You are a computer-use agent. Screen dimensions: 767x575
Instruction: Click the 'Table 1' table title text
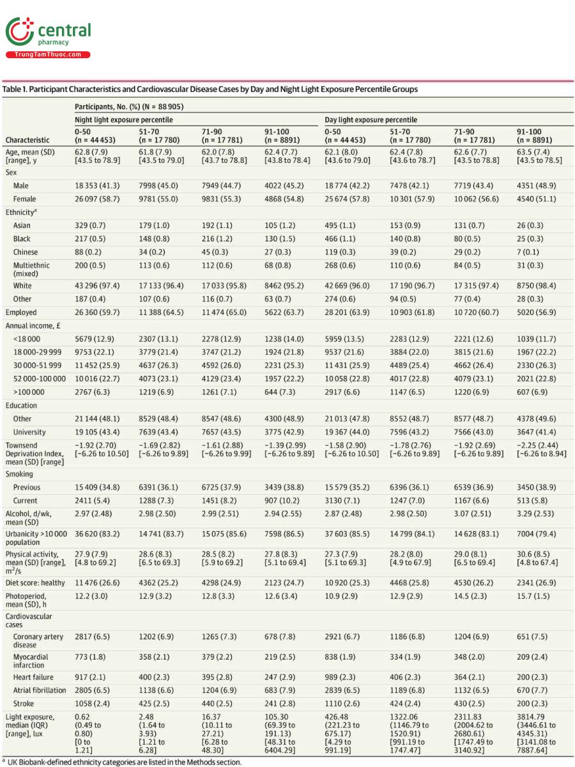[211, 89]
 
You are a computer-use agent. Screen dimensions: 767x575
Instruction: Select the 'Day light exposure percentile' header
[371, 120]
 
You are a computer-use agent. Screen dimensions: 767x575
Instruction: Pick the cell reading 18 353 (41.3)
[96, 185]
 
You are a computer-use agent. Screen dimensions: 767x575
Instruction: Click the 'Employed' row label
[21, 313]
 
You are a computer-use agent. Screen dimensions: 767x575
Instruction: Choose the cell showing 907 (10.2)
[283, 500]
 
